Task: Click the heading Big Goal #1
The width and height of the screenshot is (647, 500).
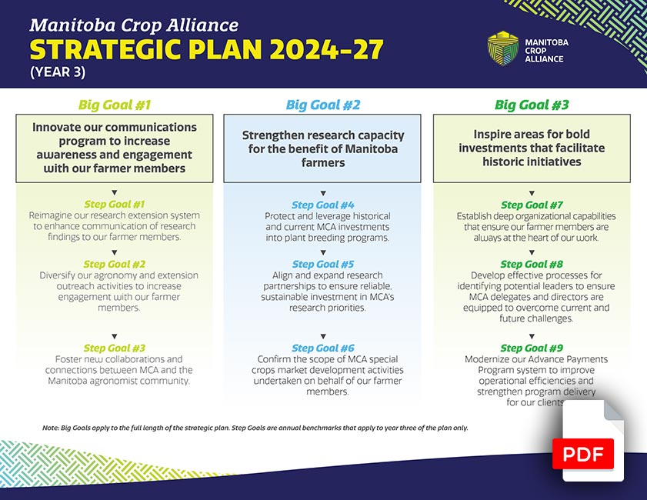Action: click(115, 105)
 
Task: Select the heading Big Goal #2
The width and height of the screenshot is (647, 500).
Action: click(323, 105)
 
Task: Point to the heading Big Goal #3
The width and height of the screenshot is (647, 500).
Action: click(532, 105)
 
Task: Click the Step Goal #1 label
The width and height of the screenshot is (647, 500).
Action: click(115, 204)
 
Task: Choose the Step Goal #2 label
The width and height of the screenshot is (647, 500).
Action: click(115, 264)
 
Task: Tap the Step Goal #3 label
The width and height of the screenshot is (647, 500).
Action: click(115, 348)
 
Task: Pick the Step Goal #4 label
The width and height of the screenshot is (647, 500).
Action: click(323, 205)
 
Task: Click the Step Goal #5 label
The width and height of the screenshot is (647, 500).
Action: click(323, 264)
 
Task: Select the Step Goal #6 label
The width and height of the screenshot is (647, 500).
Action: click(323, 348)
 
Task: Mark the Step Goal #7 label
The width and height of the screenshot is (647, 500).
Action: click(532, 205)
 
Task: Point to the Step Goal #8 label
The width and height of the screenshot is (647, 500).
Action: click(532, 264)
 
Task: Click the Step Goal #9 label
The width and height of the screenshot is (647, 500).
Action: click(532, 348)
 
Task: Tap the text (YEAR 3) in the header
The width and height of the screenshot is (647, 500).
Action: click(58, 73)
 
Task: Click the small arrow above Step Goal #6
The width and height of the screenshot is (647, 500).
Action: click(323, 336)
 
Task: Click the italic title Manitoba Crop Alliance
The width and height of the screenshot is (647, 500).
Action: click(134, 25)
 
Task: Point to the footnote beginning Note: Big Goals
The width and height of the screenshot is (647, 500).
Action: click(255, 428)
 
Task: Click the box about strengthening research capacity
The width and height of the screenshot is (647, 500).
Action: click(323, 148)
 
